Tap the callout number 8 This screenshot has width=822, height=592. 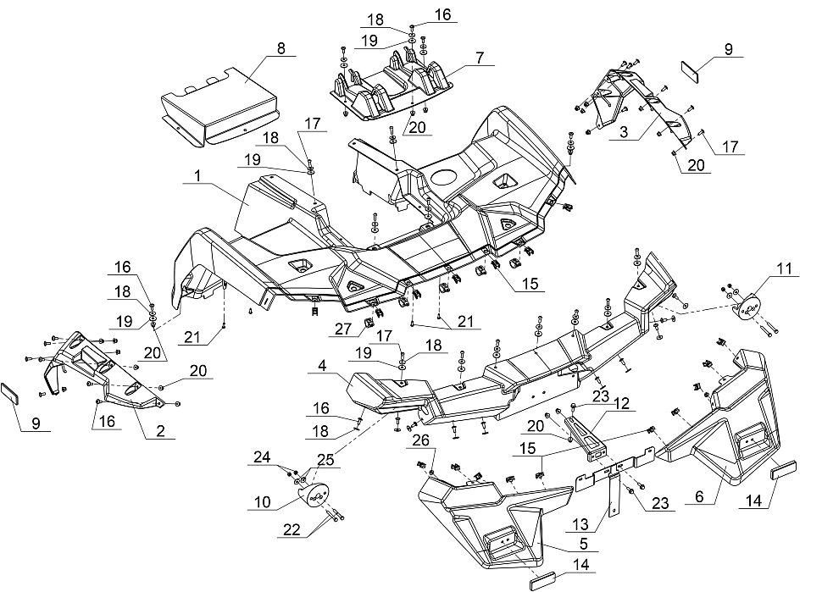click(x=280, y=47)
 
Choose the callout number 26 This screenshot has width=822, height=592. click(x=420, y=440)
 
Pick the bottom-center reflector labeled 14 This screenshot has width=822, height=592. click(x=547, y=582)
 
